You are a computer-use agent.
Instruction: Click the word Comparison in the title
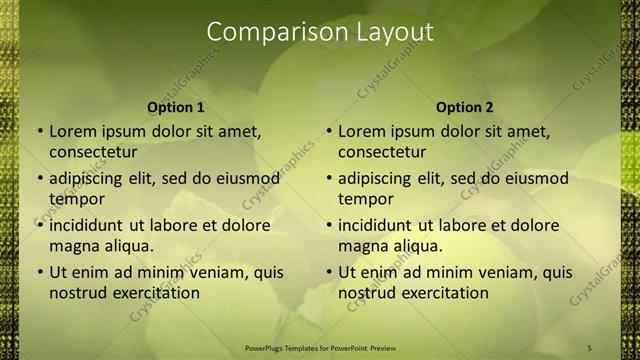(x=268, y=32)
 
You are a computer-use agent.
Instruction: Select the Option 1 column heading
(x=176, y=107)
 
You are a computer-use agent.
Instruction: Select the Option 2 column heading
(x=465, y=107)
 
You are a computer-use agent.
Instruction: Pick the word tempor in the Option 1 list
(x=75, y=199)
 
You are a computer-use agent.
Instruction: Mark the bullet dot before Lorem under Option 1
(x=39, y=131)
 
